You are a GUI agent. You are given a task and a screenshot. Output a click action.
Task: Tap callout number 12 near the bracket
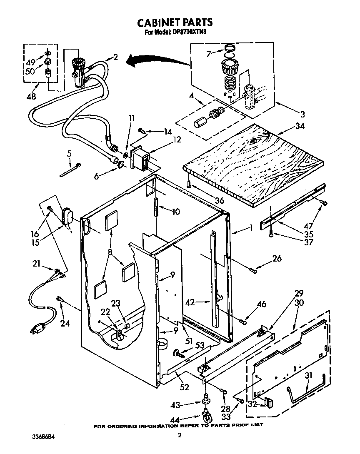pos(177,140)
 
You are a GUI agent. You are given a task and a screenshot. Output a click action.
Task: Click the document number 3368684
pos(43,437)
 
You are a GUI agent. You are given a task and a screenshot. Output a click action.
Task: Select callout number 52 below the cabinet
pos(183,387)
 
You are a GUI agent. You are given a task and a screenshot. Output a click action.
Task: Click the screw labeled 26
pos(253,271)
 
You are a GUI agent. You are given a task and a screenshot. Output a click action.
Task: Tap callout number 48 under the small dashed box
pos(30,96)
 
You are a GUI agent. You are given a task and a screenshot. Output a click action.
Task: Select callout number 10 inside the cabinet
pos(176,212)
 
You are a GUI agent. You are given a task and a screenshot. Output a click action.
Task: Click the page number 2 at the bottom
pos(180,436)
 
